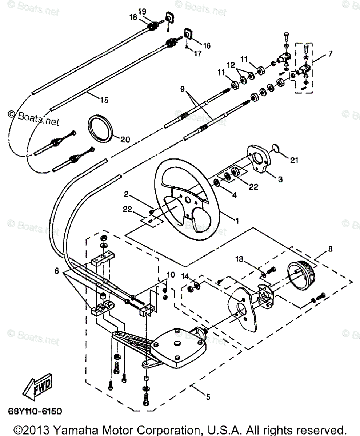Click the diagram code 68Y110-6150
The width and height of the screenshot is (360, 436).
coord(35,411)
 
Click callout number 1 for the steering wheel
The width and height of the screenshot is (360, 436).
coord(237,220)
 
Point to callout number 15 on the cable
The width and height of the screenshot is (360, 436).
coord(104,100)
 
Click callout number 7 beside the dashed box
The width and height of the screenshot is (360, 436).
coord(329,54)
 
